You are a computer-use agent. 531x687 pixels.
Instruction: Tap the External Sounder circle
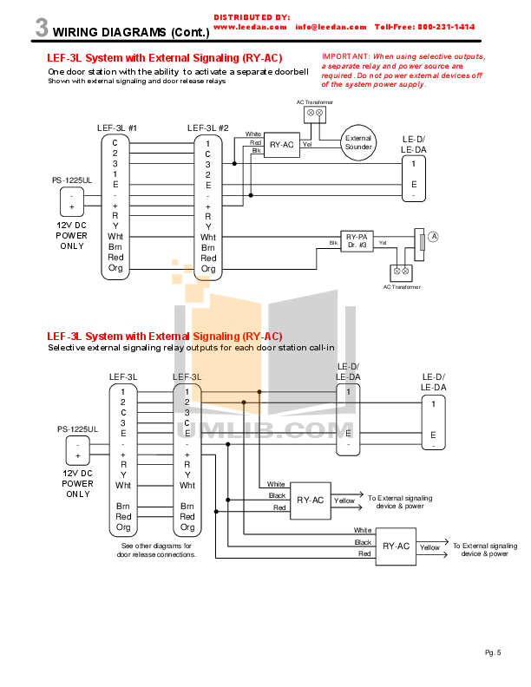click(x=358, y=143)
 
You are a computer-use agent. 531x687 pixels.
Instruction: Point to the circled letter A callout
click(x=434, y=236)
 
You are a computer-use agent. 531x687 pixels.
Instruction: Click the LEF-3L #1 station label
click(x=117, y=128)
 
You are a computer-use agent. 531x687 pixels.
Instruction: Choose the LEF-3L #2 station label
click(x=207, y=128)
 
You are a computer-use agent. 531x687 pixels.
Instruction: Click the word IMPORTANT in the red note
click(x=345, y=56)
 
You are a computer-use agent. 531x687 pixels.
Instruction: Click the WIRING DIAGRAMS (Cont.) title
click(x=132, y=34)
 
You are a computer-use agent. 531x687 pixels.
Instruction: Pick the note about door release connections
click(x=157, y=550)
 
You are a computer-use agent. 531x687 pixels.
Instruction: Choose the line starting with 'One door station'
click(x=178, y=71)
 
